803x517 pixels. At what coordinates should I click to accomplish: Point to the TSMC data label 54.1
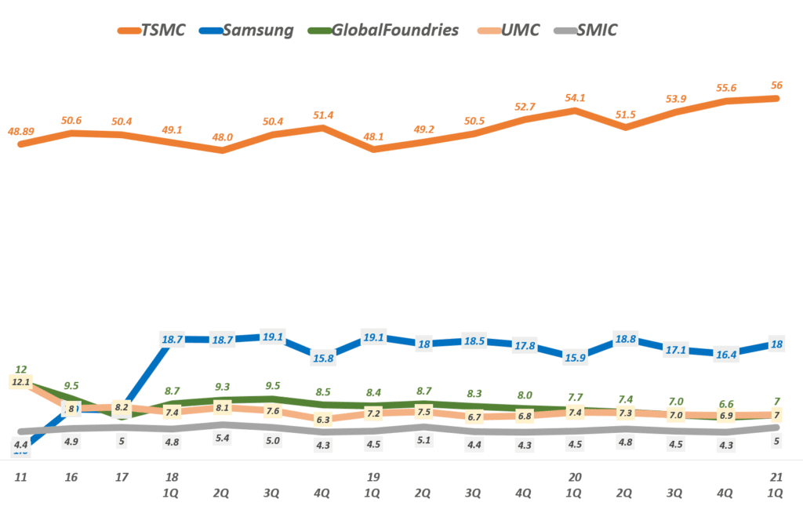click(575, 98)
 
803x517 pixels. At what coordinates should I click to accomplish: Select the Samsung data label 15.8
click(322, 359)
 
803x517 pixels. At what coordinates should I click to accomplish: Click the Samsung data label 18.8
click(625, 340)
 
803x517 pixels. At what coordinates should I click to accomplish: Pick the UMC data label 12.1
click(22, 382)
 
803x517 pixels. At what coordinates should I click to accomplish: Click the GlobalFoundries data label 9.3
click(222, 387)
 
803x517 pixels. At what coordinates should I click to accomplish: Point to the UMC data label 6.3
click(322, 420)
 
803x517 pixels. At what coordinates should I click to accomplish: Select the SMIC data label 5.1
click(423, 440)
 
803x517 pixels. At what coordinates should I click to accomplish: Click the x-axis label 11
click(21, 477)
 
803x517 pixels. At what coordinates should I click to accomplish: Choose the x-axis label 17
click(122, 477)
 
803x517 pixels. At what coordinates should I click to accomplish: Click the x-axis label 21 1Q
click(776, 485)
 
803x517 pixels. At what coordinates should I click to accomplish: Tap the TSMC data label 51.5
click(625, 115)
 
